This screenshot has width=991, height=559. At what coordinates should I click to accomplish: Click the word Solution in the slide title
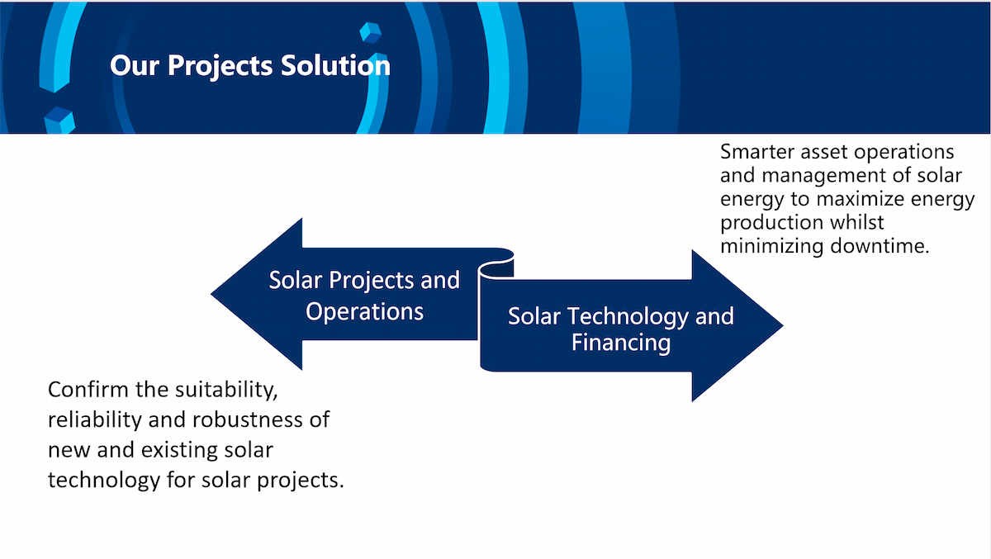[x=335, y=65]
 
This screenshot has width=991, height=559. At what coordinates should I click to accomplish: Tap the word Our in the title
[x=135, y=66]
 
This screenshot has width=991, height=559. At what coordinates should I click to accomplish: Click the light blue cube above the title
[x=370, y=32]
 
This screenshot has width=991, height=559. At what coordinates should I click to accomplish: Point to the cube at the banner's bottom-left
[x=59, y=121]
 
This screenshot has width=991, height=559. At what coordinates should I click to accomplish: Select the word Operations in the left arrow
[x=364, y=311]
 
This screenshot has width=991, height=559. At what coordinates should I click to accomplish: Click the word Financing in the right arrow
[x=621, y=343]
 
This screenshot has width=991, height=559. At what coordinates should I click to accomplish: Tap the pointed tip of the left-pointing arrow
[x=211, y=294]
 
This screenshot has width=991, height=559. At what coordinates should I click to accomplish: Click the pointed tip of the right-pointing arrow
[x=783, y=326]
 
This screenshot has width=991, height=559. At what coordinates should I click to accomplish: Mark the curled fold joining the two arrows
[x=496, y=265]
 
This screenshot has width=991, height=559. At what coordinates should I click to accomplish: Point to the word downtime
[x=880, y=246]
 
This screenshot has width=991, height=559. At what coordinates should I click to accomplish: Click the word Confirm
[x=88, y=390]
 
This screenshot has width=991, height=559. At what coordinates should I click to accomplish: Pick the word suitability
[x=226, y=391]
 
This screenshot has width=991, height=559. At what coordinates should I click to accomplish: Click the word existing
[x=179, y=451]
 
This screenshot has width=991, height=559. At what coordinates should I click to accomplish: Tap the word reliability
[x=95, y=420]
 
